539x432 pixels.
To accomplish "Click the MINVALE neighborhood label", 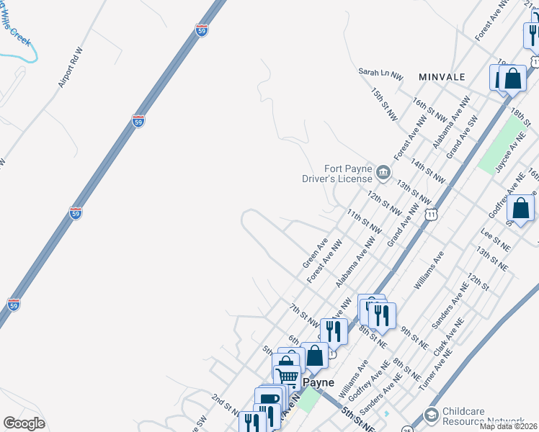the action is (x=441, y=76).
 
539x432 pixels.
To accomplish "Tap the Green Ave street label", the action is (x=315, y=253).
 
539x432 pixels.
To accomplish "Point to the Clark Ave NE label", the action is (x=445, y=338).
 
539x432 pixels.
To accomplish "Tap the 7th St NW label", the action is (x=303, y=312).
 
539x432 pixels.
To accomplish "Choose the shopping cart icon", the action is (x=288, y=376).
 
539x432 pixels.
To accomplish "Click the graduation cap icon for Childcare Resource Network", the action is (x=431, y=415).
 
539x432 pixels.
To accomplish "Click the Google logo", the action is (x=24, y=423).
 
